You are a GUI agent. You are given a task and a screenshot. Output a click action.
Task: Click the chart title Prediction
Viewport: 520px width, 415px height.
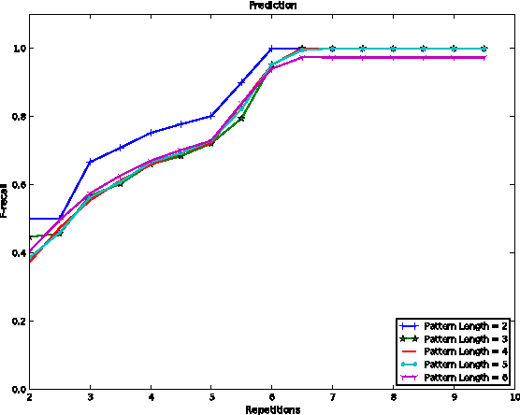point(267,6)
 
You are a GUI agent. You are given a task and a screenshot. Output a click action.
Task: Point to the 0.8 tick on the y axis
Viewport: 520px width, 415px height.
point(17,117)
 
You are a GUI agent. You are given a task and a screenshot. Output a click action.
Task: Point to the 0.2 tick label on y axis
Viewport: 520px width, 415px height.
point(17,322)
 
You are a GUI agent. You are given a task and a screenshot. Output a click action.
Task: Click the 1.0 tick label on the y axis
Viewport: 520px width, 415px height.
point(17,49)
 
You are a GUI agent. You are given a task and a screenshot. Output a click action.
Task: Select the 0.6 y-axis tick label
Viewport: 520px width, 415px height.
point(17,185)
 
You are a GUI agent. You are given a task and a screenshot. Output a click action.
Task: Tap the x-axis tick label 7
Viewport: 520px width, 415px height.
point(332,398)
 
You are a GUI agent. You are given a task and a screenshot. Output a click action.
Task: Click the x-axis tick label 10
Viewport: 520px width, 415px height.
point(513,398)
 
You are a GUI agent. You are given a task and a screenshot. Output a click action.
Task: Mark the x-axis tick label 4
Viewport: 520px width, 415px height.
point(151,398)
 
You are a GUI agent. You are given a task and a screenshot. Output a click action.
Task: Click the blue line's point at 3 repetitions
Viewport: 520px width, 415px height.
point(90,162)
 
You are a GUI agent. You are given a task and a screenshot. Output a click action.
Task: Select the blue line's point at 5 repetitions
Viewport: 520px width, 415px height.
point(211,116)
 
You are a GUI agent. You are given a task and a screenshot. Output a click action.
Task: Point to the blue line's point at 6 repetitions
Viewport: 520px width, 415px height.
point(271,48)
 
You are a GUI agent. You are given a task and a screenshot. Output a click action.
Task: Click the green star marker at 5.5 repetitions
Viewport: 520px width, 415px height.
point(241,118)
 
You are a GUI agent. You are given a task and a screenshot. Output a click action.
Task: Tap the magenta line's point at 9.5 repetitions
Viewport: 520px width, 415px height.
point(484,57)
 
